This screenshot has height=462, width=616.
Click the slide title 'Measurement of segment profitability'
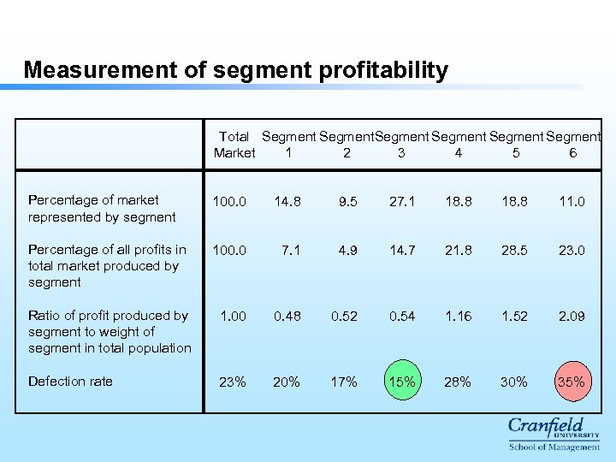pyautogui.click(x=235, y=70)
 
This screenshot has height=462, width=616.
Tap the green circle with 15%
pyautogui.click(x=400, y=382)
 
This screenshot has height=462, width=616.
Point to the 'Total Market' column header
pyautogui.click(x=234, y=145)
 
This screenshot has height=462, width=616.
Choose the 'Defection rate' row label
pyautogui.click(x=70, y=382)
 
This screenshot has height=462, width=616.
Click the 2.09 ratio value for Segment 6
pyautogui.click(x=572, y=316)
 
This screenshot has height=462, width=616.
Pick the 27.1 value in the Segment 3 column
pyautogui.click(x=401, y=202)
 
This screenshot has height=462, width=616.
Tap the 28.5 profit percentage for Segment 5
pyautogui.click(x=514, y=250)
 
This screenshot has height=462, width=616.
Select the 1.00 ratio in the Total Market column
pyautogui.click(x=232, y=316)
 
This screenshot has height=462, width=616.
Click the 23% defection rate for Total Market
pyautogui.click(x=232, y=382)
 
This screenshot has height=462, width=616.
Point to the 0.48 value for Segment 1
pyautogui.click(x=287, y=316)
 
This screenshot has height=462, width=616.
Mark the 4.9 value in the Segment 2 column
pyautogui.click(x=347, y=250)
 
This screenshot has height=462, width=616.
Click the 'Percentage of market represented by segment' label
pyautogui.click(x=102, y=209)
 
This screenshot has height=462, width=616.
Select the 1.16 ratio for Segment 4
pyautogui.click(x=458, y=316)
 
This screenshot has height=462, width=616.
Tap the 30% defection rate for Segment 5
pyautogui.click(x=514, y=382)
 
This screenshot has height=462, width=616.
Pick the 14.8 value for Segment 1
pyautogui.click(x=287, y=202)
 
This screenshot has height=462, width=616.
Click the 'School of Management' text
pyautogui.click(x=554, y=447)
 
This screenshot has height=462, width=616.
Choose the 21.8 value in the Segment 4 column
pyautogui.click(x=458, y=250)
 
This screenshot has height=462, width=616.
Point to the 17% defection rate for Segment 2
pyautogui.click(x=344, y=382)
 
